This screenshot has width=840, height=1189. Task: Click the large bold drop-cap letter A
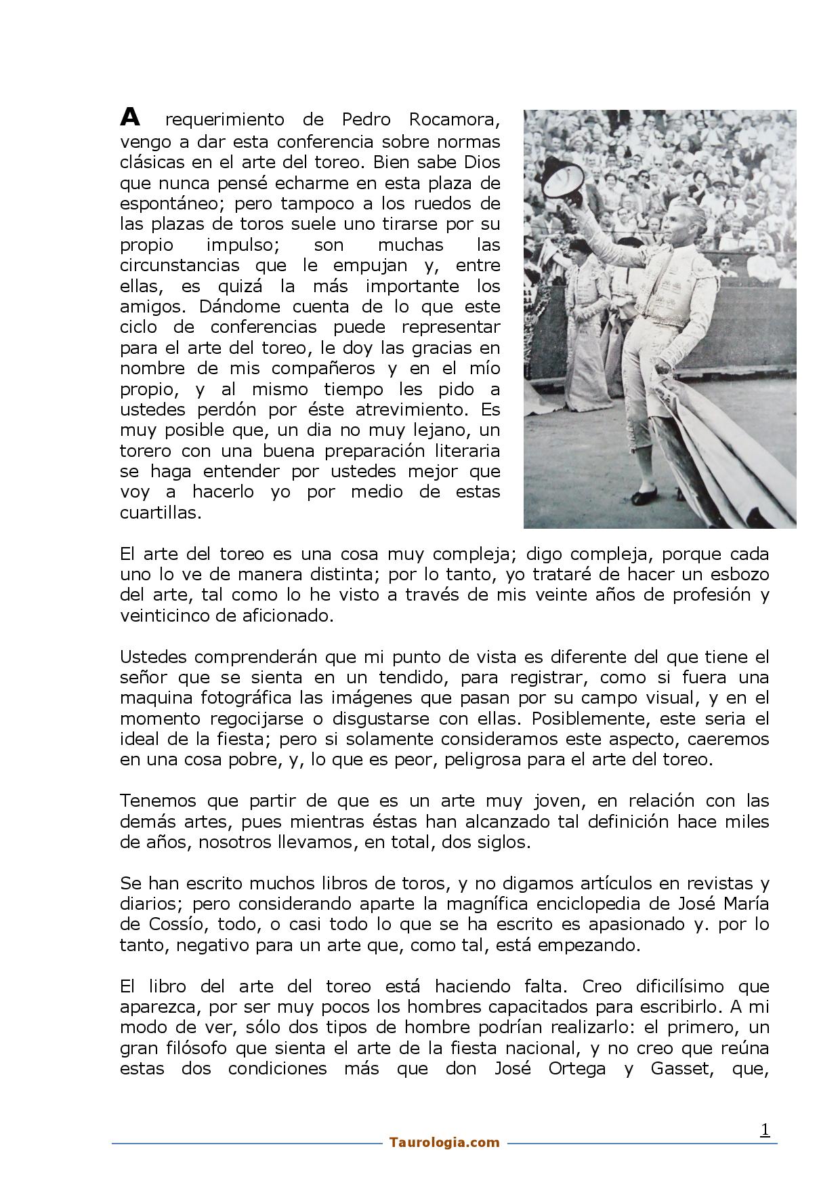pos(130,117)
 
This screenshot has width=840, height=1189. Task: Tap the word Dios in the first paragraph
pos(482,162)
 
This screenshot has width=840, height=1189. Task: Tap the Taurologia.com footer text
pos(444,1142)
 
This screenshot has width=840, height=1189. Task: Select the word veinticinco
pos(163,616)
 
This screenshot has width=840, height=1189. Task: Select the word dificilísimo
pos(671,986)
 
